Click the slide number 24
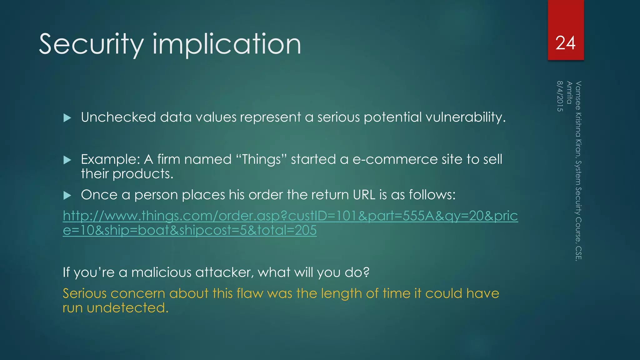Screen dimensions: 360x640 pos(565,43)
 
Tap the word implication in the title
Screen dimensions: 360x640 pos(227,44)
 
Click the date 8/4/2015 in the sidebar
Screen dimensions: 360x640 pos(560,96)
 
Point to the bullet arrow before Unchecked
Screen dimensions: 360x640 pos(67,118)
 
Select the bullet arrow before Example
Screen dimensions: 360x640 pos(67,160)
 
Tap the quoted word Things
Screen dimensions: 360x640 pos(261,160)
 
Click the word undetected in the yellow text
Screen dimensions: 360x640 pos(127,308)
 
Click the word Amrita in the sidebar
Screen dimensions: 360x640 pos(569,93)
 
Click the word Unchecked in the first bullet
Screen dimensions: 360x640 pos(118,117)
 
